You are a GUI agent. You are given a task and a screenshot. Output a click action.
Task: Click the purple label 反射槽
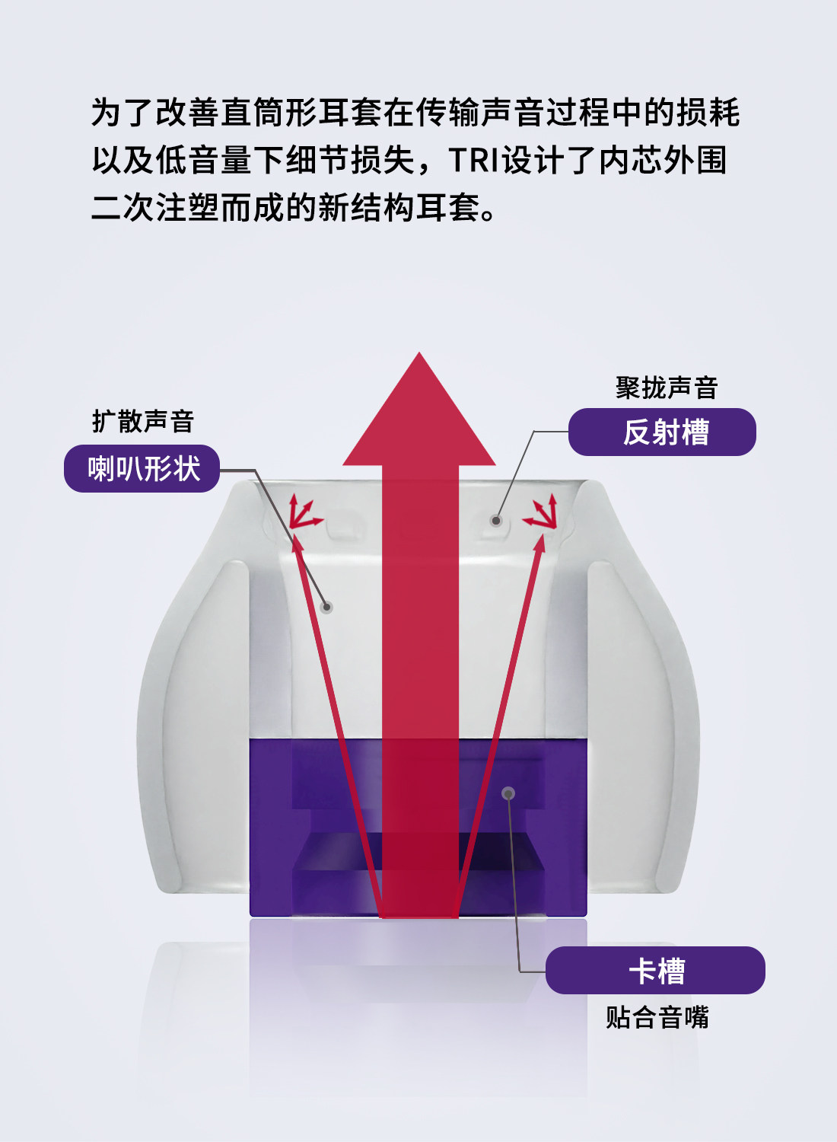tap(662, 432)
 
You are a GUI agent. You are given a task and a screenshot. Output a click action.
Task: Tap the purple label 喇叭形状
tap(142, 468)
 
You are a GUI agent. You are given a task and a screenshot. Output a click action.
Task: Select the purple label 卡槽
tap(655, 970)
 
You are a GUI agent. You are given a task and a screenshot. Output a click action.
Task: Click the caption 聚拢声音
tap(667, 388)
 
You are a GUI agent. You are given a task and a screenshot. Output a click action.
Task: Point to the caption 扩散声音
tap(143, 421)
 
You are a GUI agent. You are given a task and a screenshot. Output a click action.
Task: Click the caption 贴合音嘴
tap(657, 1017)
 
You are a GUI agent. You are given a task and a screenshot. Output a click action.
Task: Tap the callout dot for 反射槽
tap(496, 521)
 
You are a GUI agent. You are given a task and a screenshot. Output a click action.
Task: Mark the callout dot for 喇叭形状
tap(327, 607)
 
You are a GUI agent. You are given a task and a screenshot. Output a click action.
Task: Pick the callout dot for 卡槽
tap(508, 793)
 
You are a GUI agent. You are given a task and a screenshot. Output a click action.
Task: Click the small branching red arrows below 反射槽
tap(542, 512)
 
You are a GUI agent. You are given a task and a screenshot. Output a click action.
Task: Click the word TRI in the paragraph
tap(473, 160)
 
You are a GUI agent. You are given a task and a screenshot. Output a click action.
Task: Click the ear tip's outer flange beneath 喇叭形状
tap(190, 723)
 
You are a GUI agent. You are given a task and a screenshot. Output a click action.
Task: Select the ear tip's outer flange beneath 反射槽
tap(647, 723)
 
